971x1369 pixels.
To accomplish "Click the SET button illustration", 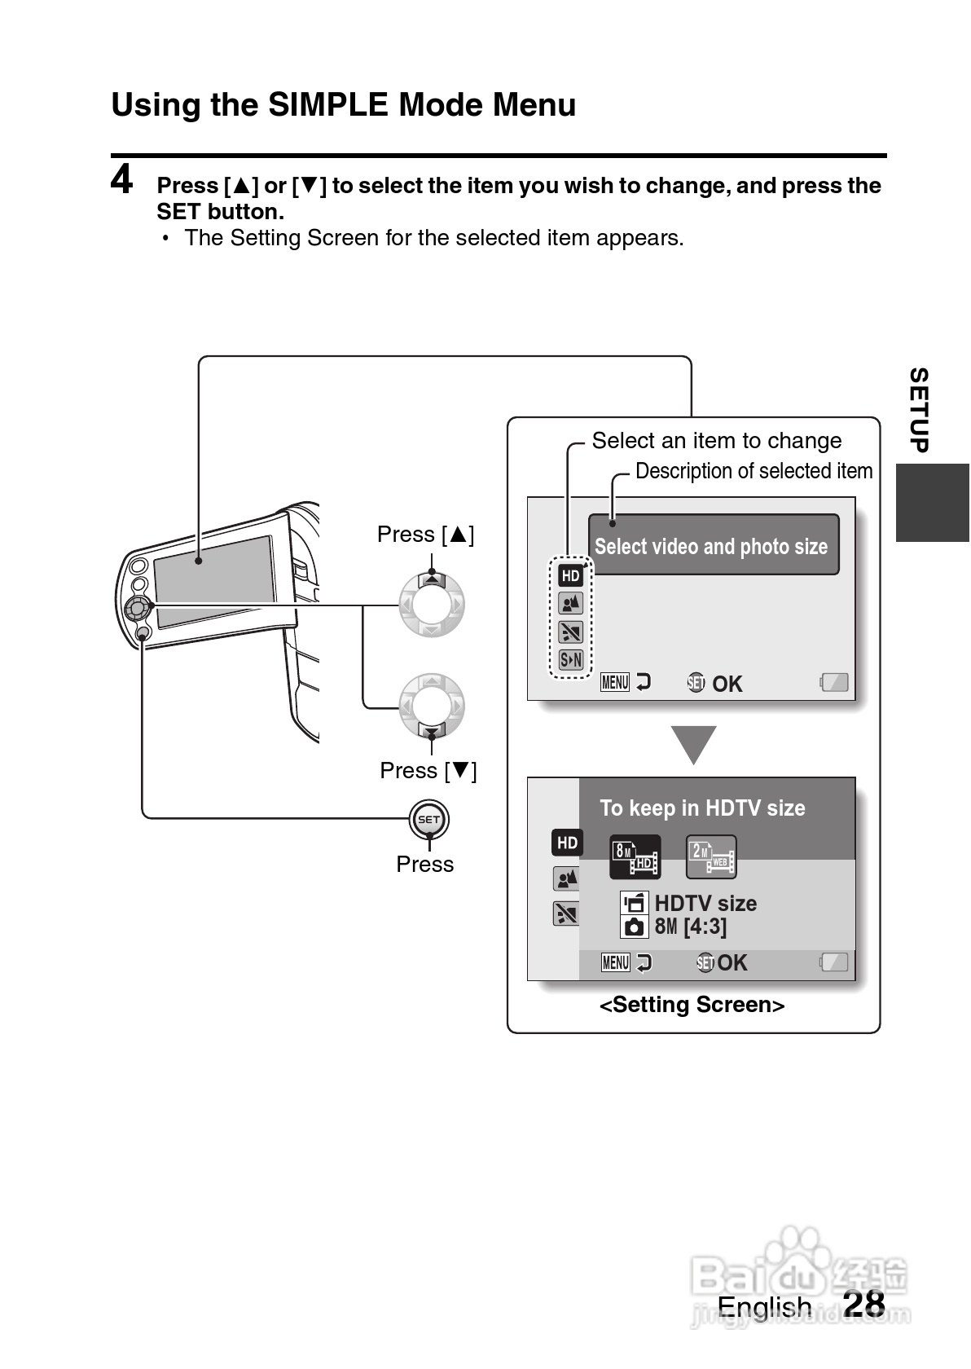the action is click(x=429, y=820).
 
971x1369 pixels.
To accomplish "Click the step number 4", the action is click(x=121, y=179).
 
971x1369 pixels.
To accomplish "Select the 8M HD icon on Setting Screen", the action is click(x=635, y=857).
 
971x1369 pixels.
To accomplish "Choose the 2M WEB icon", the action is click(x=711, y=857).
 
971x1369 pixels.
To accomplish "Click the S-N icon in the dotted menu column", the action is click(x=571, y=659).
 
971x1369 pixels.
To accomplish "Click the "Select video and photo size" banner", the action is click(x=713, y=544).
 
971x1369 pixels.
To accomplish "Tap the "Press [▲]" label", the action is click(x=425, y=535).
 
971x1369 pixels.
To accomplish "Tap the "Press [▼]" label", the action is click(x=428, y=771).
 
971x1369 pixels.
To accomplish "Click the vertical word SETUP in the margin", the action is click(x=920, y=410).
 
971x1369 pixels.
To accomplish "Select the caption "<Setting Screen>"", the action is click(x=692, y=1005).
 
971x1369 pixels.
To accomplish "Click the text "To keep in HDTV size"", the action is click(x=703, y=808).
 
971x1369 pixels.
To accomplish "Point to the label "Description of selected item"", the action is click(x=754, y=471).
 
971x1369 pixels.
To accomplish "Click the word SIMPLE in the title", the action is click(x=328, y=104).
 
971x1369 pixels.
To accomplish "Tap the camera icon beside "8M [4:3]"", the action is click(x=635, y=927).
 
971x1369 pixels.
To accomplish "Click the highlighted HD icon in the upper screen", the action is click(x=570, y=575).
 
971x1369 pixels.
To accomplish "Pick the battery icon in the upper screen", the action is click(x=834, y=682).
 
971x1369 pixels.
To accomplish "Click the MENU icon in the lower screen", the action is click(x=615, y=962).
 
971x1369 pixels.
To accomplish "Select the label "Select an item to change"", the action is click(x=717, y=441).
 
